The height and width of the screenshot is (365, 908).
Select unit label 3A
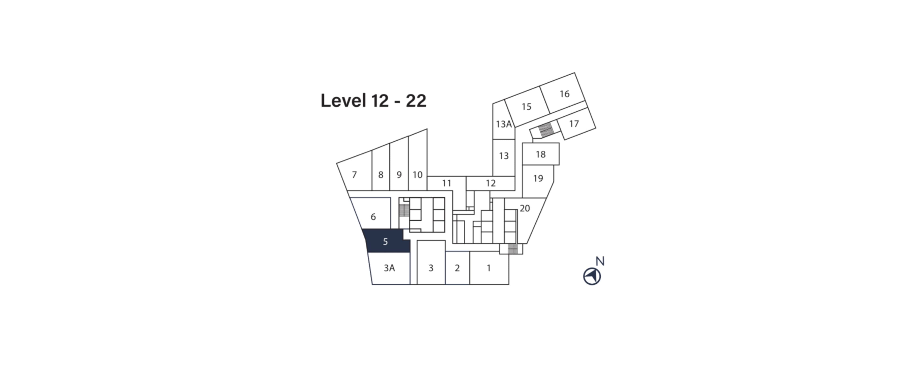pyautogui.click(x=389, y=268)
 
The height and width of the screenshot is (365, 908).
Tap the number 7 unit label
pyautogui.click(x=354, y=174)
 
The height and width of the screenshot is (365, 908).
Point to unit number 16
pyautogui.click(x=564, y=94)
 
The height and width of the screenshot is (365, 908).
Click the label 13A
pyautogui.click(x=504, y=124)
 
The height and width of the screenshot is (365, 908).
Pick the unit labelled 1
pyautogui.click(x=489, y=268)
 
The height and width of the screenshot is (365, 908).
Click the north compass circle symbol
pyautogui.click(x=592, y=276)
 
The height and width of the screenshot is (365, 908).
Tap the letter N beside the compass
pyautogui.click(x=600, y=261)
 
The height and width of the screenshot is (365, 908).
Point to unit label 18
pyautogui.click(x=540, y=154)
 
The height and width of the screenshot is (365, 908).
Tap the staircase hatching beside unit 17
pyautogui.click(x=546, y=130)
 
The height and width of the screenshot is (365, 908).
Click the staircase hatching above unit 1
pyautogui.click(x=512, y=249)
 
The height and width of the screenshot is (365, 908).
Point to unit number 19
pyautogui.click(x=538, y=179)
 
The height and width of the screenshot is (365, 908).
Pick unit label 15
pyautogui.click(x=526, y=107)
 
